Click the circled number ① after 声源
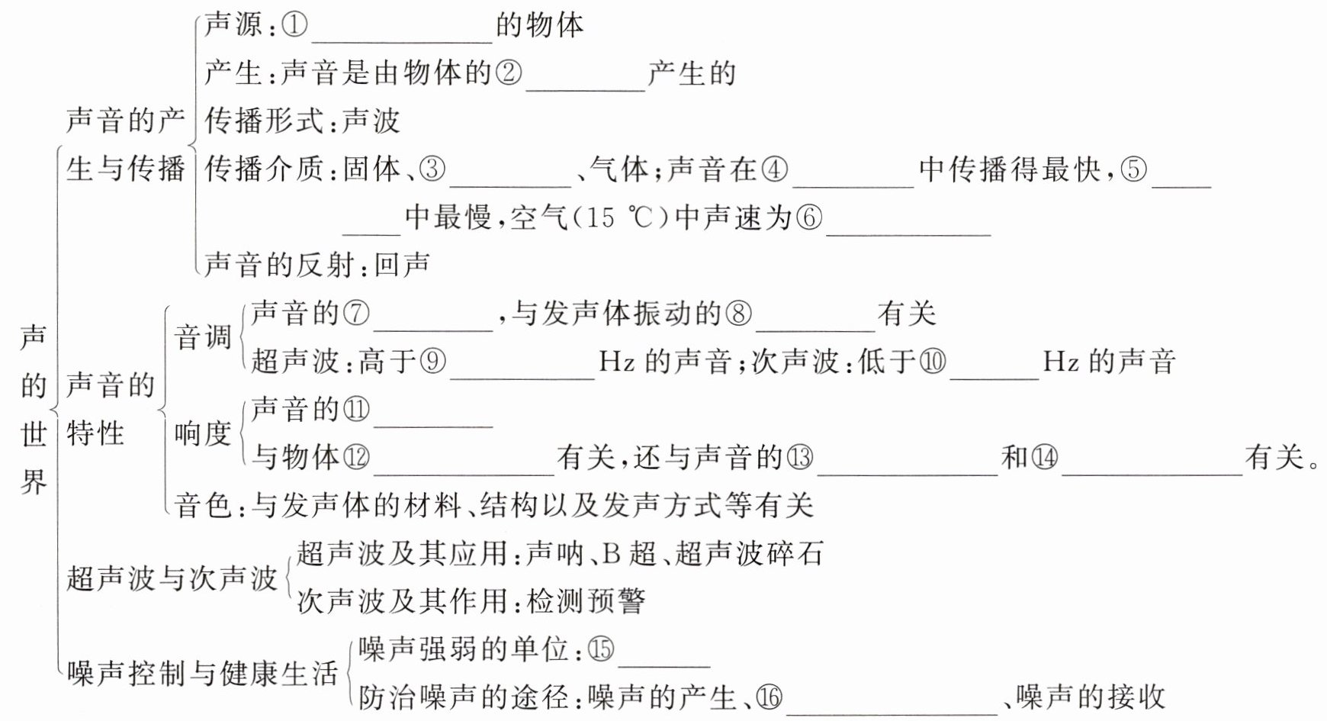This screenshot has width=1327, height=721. point(294,26)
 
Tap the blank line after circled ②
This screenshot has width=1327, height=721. point(586,80)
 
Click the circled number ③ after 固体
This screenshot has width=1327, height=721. point(432,169)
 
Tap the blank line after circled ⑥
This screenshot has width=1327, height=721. point(908,226)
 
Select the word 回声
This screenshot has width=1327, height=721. point(402,265)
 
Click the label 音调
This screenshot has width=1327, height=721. point(202,336)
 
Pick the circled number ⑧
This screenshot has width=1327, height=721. point(737,314)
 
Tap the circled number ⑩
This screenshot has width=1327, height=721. point(932,361)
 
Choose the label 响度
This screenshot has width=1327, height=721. point(202,434)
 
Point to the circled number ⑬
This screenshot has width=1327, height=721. point(799,457)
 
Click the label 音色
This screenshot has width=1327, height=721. point(202,504)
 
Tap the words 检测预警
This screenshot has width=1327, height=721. point(586,601)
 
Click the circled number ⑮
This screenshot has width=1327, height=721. point(601,649)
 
